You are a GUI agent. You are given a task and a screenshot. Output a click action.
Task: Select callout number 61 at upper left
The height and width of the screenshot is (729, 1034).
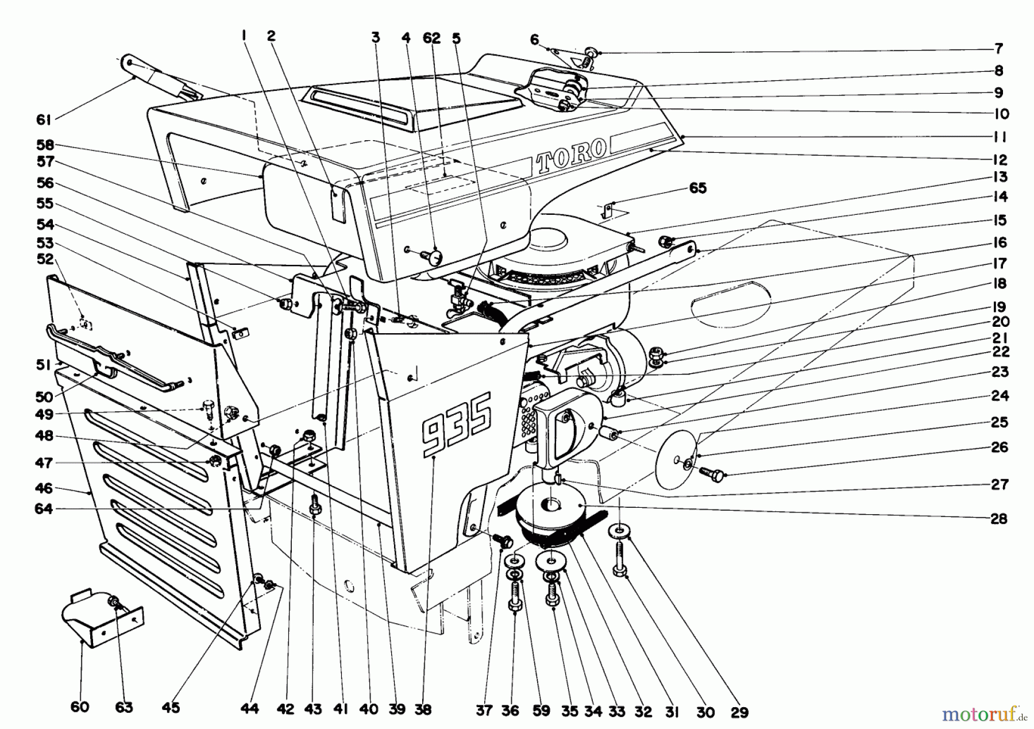tap(44, 119)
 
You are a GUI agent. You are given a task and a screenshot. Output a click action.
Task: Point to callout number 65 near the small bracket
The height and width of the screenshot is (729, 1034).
tap(697, 188)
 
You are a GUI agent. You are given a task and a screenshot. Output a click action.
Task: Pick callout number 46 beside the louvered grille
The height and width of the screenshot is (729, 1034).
tap(44, 488)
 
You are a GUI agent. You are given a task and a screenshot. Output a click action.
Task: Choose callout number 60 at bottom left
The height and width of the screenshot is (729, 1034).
tap(80, 707)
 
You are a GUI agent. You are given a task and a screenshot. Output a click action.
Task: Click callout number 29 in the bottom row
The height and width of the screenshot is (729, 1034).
tap(739, 712)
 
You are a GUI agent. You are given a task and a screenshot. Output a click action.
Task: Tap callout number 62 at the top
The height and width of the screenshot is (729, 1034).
tap(431, 38)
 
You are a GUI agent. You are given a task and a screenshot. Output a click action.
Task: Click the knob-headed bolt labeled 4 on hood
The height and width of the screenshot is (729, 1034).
tap(434, 256)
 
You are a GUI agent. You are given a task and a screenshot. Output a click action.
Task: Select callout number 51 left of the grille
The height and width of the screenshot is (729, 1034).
tap(44, 365)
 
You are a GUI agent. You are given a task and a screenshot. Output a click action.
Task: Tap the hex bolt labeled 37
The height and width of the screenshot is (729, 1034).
tap(504, 539)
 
